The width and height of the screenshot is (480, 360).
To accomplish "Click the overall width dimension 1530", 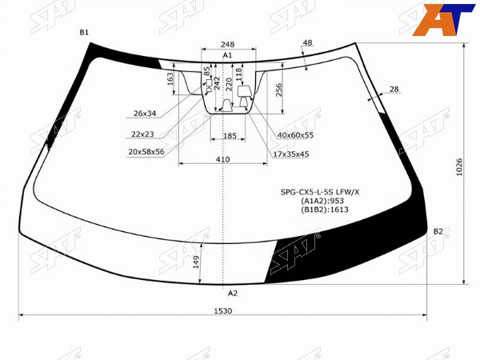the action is coord(223,310).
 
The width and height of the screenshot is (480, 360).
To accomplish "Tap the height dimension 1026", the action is coord(459,167).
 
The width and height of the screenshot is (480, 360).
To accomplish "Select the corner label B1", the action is coord(84,32).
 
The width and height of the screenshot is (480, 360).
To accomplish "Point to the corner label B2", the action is coord(438,231).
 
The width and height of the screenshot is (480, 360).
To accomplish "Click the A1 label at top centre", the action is coord(227,55).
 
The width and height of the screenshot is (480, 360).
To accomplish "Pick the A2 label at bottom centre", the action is coord(233,294).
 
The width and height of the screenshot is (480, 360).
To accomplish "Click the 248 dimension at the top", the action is coord(228,44).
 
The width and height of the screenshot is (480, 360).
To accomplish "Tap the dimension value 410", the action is coord(222,159).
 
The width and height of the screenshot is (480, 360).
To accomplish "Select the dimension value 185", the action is coord(230,136).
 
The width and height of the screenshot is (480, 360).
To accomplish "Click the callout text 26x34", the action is coord(145,114).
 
